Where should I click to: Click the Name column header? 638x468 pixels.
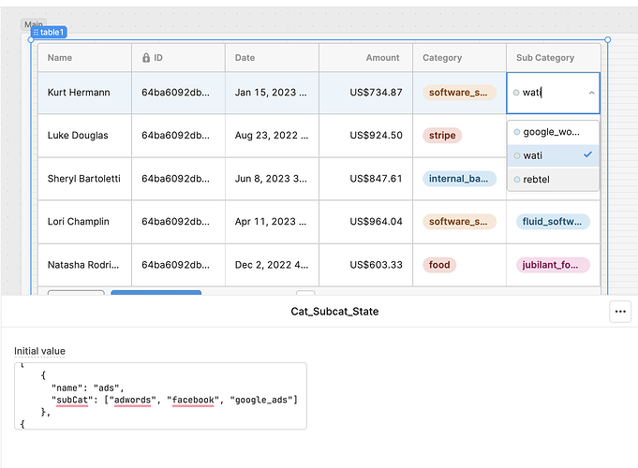60,58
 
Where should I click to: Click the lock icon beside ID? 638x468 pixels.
146,58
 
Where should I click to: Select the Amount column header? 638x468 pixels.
382,58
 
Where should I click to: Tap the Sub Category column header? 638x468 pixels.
545,58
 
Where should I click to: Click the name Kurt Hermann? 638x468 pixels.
79,93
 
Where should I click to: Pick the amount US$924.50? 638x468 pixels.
376,136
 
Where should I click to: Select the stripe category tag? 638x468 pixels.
442,136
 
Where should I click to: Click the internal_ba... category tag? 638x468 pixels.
459,179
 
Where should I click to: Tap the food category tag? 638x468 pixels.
439,265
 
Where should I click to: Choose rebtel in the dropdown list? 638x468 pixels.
536,180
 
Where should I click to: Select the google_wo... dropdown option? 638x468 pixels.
551,132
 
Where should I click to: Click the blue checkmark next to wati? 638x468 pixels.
587,154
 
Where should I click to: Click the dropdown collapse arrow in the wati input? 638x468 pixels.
591,93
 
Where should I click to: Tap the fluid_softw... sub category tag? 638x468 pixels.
553,222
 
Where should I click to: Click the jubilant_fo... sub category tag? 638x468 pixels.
553,265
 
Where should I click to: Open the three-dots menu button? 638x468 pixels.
620,312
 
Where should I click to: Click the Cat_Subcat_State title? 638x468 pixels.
334,312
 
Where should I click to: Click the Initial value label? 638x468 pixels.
39,351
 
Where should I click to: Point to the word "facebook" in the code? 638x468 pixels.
193,400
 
